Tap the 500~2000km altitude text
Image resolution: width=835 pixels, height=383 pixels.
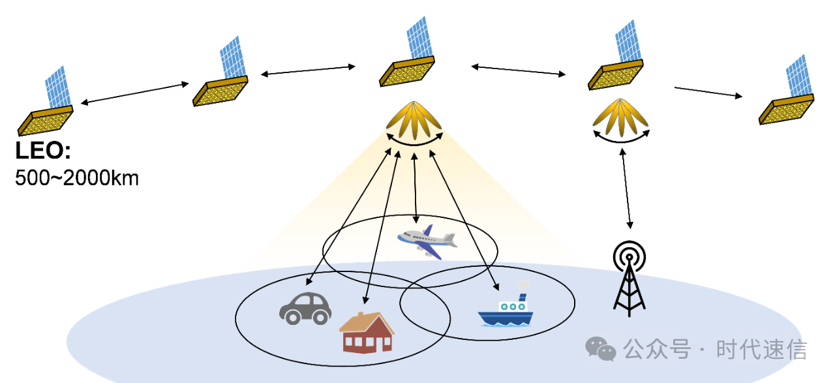coord(77,177)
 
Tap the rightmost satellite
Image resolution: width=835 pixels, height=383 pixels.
coord(787,95)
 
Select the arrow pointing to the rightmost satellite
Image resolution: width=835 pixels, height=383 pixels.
coord(708,91)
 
